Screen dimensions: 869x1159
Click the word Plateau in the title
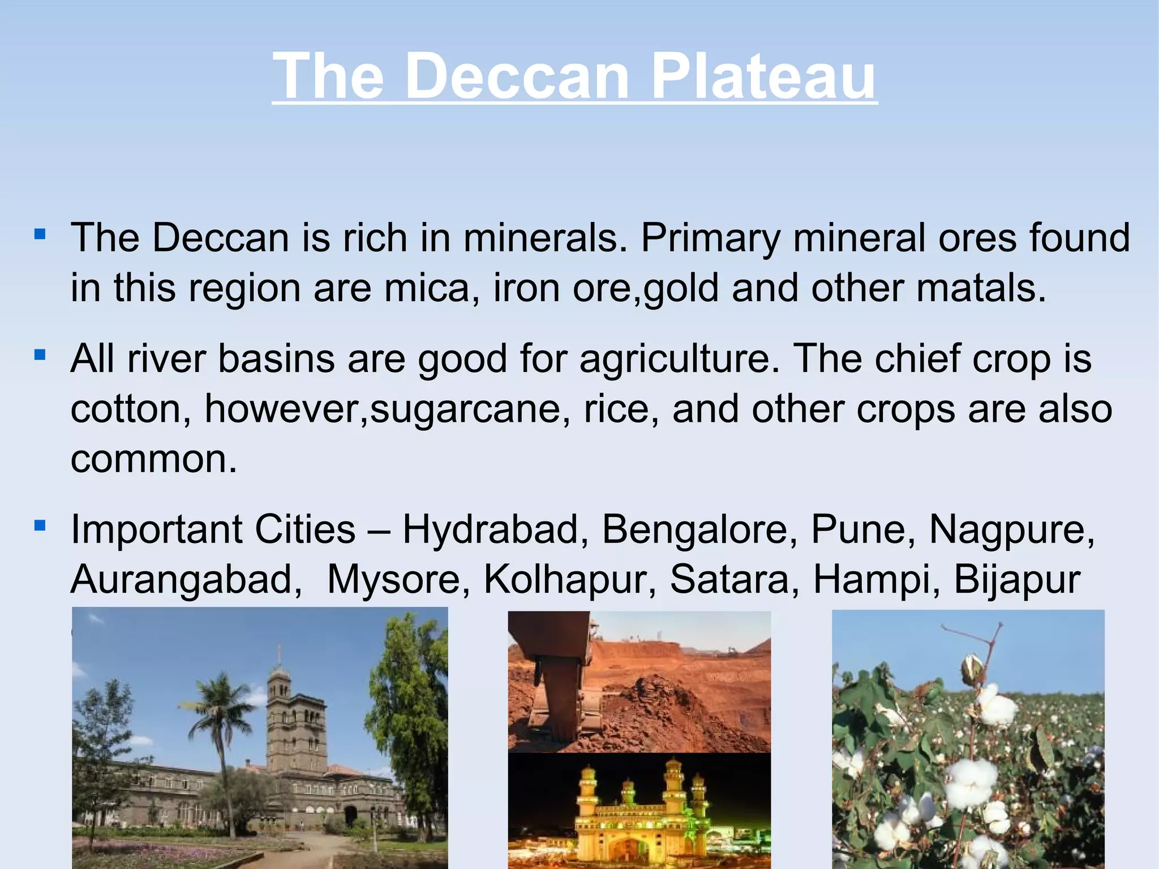point(763,76)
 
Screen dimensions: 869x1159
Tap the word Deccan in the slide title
point(517,76)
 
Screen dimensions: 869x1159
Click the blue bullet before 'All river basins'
point(40,355)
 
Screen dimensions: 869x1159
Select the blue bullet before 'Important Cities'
point(40,526)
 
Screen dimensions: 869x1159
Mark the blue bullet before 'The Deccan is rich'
point(40,233)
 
